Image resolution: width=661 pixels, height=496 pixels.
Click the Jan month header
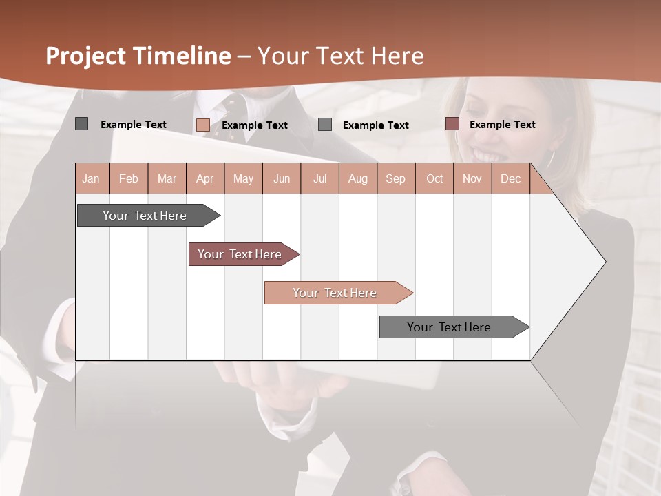tap(91, 179)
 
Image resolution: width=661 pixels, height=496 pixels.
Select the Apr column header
tap(204, 179)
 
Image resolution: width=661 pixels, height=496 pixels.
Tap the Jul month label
tap(319, 179)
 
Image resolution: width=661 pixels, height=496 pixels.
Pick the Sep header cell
tap(395, 179)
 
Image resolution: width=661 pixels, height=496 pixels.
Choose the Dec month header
tap(510, 179)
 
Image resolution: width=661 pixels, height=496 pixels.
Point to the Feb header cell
tap(129, 179)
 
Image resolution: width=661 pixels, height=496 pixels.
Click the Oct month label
tap(434, 179)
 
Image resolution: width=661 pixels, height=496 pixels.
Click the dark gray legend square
tap(81, 124)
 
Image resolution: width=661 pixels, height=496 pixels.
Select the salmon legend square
tap(202, 125)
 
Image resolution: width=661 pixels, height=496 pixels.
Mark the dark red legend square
tap(452, 124)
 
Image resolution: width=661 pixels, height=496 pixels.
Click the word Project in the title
tap(86, 56)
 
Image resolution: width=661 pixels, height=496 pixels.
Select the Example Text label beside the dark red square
tap(502, 125)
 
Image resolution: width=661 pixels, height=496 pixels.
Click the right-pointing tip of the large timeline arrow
tap(604, 262)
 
